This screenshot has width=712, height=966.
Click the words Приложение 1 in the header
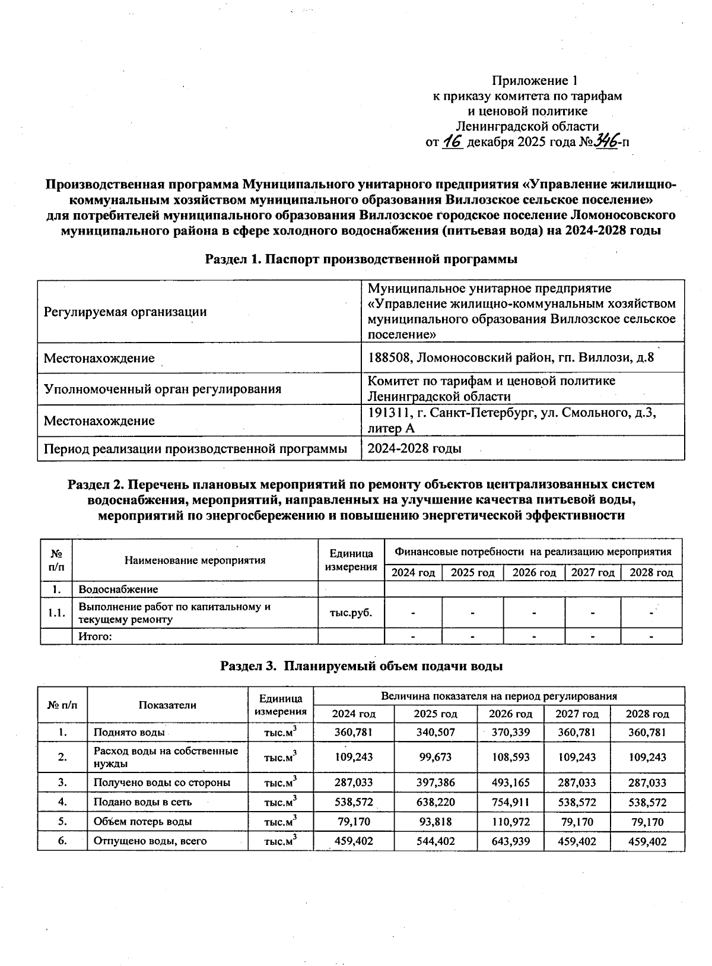click(535, 80)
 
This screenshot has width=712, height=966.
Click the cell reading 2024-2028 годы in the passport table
click(414, 449)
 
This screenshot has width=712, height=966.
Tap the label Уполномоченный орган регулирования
click(163, 389)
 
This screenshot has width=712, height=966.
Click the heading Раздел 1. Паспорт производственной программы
click(361, 259)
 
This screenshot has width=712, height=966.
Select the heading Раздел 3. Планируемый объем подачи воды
click(361, 666)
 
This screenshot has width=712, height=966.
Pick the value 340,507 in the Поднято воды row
click(436, 732)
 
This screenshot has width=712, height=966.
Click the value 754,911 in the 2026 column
click(510, 802)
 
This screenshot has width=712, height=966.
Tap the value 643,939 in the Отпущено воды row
click(510, 841)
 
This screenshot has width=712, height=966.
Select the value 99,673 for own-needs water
click(436, 757)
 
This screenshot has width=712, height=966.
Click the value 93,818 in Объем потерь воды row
click(436, 822)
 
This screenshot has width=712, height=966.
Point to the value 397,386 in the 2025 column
click(436, 783)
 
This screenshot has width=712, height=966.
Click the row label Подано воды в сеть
click(142, 802)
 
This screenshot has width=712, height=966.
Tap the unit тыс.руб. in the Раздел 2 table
click(351, 613)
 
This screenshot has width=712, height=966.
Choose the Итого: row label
click(96, 637)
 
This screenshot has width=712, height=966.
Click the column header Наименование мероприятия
click(195, 560)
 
